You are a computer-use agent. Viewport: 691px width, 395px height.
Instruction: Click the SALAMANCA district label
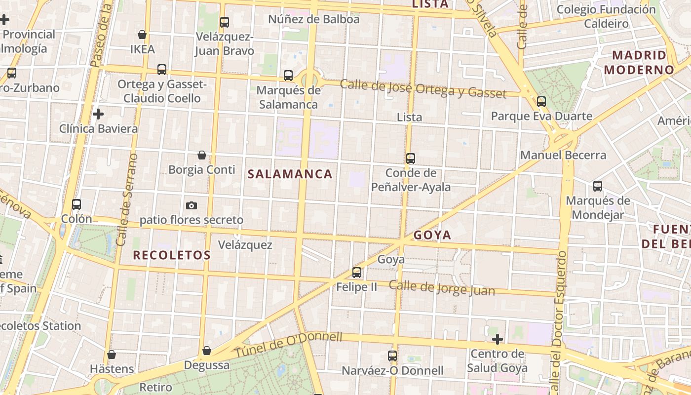point(290,174)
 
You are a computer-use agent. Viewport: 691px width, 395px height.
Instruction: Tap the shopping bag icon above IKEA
point(142,35)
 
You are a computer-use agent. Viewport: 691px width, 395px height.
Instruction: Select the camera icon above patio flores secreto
point(192,205)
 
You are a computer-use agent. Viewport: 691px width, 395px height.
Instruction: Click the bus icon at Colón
point(77,204)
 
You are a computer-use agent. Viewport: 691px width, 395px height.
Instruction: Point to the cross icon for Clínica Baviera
point(98,115)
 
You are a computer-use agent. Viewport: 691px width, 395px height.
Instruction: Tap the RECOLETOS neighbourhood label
point(172,255)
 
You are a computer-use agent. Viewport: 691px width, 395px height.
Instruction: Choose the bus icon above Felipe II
point(356,272)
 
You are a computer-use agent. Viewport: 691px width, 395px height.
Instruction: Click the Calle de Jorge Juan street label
point(441,287)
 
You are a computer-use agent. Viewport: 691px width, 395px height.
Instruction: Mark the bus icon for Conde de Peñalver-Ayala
point(411,158)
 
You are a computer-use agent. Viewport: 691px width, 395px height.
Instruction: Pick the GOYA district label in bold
point(432,235)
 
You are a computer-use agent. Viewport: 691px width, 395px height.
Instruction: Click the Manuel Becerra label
point(563,155)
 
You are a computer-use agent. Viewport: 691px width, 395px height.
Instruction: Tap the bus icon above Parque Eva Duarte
point(541,102)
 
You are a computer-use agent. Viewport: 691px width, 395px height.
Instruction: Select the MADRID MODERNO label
point(639,62)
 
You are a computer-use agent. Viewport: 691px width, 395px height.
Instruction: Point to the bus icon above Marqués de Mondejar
point(598,186)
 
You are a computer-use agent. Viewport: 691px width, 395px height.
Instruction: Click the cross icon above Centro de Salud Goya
point(498,339)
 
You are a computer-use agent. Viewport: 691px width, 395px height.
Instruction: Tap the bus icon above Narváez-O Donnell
point(392,355)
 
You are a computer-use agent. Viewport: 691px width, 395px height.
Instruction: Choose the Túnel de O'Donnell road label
point(288,345)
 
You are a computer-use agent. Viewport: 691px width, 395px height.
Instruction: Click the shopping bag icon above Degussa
point(207,351)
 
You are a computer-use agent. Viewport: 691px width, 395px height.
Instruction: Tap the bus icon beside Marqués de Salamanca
point(288,76)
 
